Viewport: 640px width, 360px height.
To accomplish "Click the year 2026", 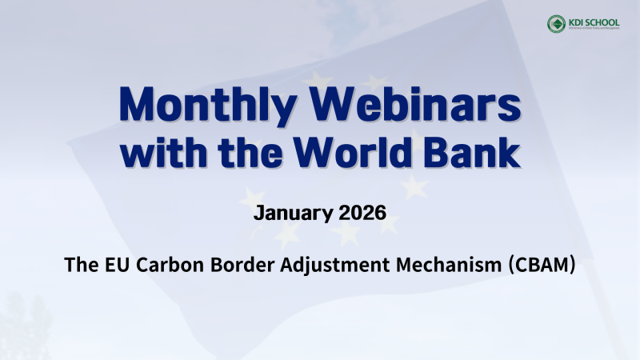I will point(361,214).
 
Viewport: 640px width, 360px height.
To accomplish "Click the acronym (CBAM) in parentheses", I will point(543,265).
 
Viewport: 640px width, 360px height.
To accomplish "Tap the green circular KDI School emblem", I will point(555,23).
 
